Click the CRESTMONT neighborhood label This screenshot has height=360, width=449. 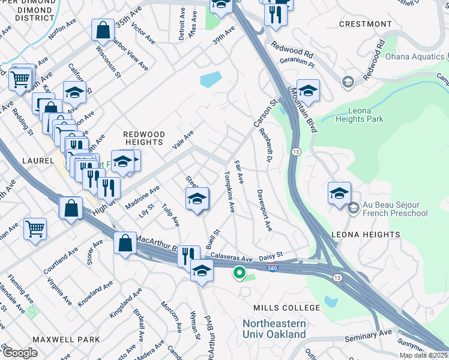coord(365,24)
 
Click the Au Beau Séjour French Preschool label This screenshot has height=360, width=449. coord(394,208)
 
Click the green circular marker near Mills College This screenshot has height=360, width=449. coord(239,274)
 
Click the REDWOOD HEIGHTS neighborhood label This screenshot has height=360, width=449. coord(143,137)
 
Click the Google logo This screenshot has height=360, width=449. coord(19,353)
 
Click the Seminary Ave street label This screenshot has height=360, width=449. coord(369,335)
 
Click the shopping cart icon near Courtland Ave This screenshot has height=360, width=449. coord(35,229)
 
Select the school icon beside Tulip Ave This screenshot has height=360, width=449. coord(196,199)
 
